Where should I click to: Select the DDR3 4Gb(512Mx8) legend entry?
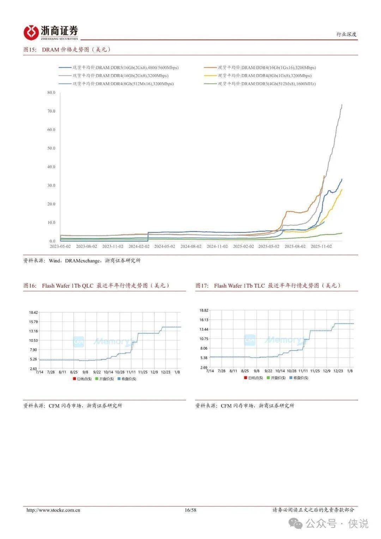267,84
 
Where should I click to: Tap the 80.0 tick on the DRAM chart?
51,92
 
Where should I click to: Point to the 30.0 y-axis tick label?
51,185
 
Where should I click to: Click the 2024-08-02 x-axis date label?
191,246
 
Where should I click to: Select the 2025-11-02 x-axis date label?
321,246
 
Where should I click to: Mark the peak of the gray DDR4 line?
341,104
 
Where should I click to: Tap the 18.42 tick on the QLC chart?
33,312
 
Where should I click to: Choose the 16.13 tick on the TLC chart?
204,320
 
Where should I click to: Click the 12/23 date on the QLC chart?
165,372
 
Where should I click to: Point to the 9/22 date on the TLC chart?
268,371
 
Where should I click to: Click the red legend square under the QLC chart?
74,379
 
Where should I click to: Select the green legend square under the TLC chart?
268,378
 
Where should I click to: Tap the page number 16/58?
190,510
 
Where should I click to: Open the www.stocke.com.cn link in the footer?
53,510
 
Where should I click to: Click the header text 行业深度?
346,34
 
